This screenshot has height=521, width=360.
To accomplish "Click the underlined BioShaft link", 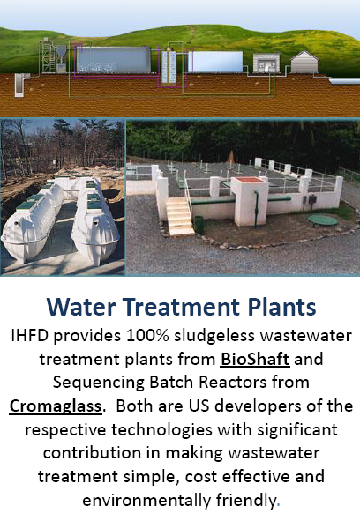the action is (254, 359).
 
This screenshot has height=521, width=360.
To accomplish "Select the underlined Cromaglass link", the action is (56, 406).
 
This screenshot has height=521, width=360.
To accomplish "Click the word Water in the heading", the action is (81, 307).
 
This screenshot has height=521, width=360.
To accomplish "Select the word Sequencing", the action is (99, 383).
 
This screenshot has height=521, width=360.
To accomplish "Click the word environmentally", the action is (146, 501).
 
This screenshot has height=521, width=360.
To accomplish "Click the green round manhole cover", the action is (322, 220).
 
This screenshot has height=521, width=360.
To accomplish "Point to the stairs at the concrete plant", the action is (179, 216).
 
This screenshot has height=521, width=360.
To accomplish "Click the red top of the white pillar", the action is (250, 180).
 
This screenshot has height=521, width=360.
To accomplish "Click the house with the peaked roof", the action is (304, 62).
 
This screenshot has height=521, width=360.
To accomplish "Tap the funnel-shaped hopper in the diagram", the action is (61, 52).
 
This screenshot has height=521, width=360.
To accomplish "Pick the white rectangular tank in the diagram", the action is (215, 62).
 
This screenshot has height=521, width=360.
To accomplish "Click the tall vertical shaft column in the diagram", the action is (169, 67).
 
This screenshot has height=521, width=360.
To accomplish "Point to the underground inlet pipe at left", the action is (20, 85).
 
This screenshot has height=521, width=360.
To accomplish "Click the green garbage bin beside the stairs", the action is (199, 225).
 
